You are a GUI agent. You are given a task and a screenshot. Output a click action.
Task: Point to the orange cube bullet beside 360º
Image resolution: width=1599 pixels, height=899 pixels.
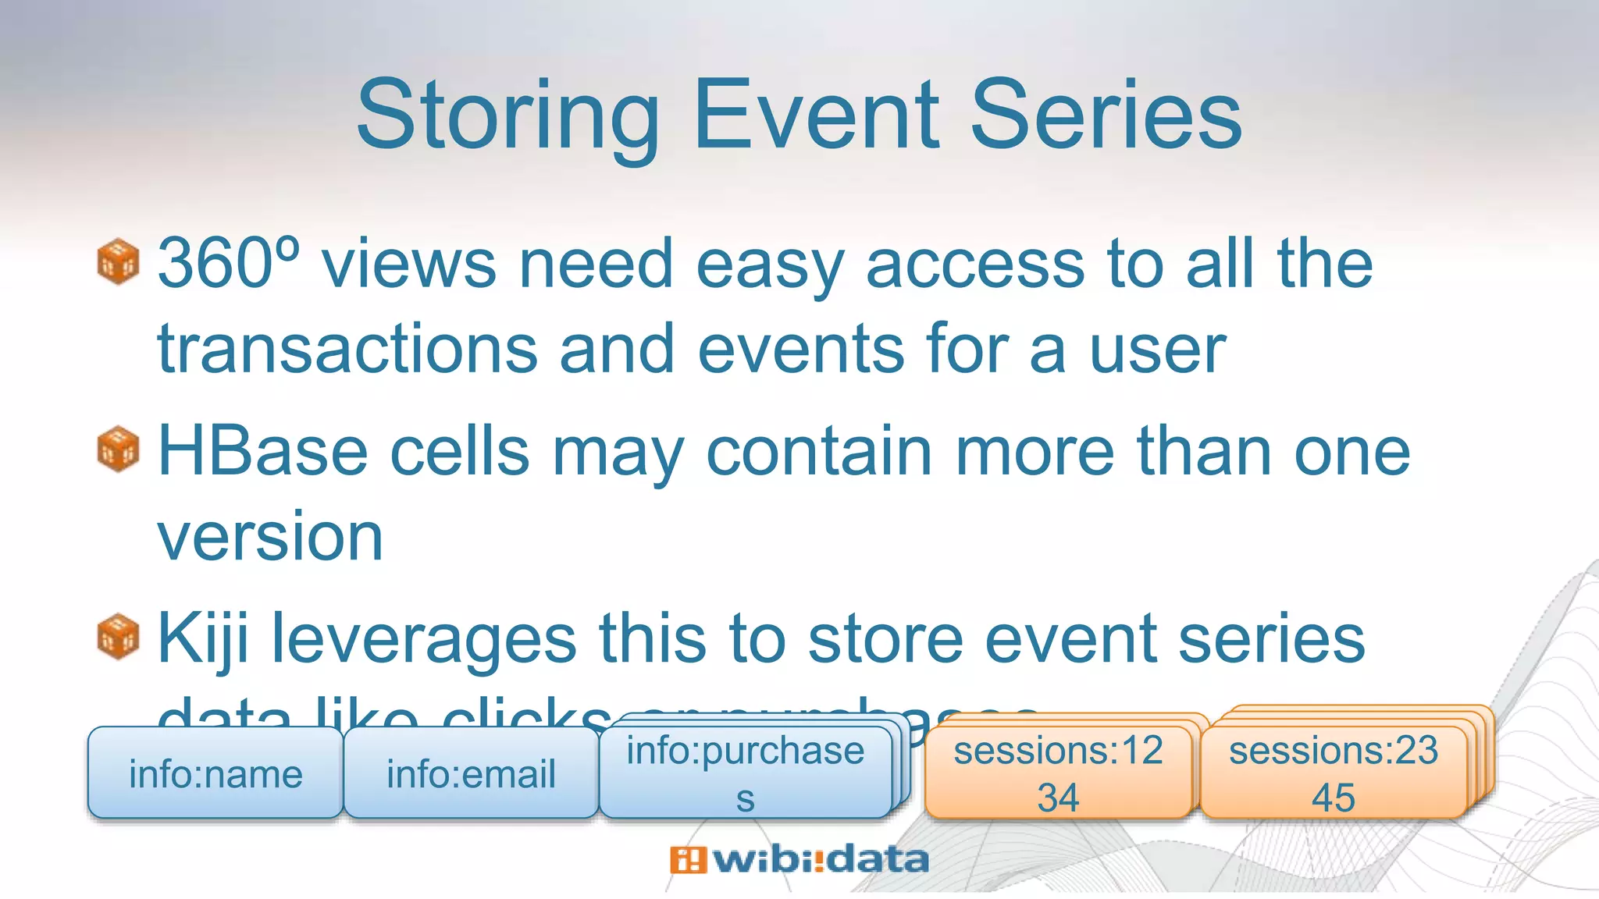point(118,261)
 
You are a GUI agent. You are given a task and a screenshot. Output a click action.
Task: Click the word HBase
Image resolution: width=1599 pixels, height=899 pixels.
point(262,452)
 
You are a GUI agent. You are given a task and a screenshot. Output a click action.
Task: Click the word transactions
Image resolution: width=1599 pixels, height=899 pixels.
point(347,350)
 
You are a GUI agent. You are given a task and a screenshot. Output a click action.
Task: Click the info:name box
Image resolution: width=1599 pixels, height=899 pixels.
point(215,774)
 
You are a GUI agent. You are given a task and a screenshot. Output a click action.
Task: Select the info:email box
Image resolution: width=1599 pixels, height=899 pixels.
point(471,774)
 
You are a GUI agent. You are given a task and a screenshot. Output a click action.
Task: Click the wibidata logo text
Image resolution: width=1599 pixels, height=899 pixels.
point(820,860)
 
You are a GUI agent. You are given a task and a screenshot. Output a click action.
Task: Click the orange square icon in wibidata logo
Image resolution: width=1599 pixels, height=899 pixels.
point(687,860)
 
